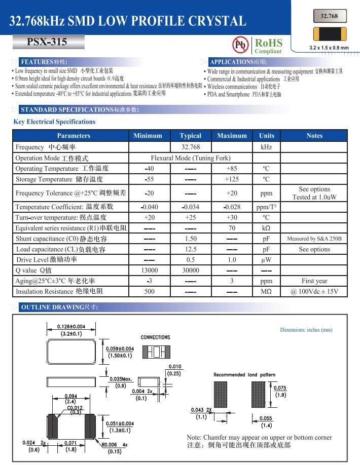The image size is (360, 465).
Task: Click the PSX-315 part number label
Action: (47, 42)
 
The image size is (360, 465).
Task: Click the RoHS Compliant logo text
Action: (268, 45)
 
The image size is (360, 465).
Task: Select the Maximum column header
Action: (232, 136)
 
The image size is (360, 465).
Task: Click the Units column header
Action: (266, 136)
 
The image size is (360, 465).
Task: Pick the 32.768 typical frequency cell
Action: (191, 147)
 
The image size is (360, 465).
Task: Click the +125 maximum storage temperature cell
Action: (232, 179)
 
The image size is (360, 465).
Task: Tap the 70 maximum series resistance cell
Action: (232, 228)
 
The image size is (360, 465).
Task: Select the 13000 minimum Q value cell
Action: (148, 270)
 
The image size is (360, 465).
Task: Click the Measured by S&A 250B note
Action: (314, 239)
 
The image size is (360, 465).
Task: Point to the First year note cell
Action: (314, 281)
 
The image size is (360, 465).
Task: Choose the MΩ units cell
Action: (266, 292)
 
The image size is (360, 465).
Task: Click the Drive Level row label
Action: (47, 260)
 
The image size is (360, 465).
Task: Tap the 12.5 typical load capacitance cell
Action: (191, 249)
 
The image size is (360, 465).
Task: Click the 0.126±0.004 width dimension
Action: (71, 326)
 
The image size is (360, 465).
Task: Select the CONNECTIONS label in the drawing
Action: (155, 337)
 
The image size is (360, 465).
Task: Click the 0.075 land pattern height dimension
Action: (280, 388)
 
